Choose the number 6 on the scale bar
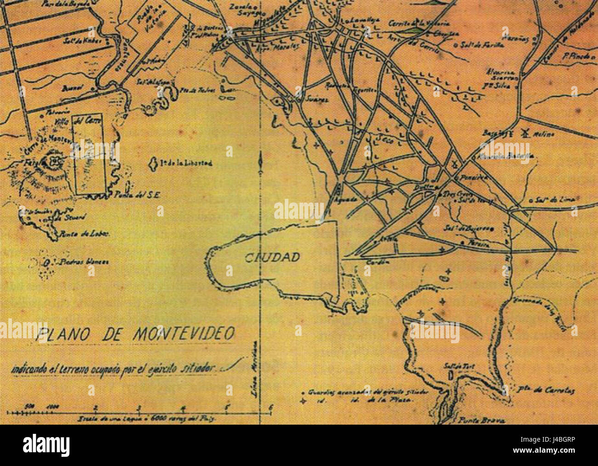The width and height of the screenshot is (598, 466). click(271, 407)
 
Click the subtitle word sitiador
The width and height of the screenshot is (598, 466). click(198, 368)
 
